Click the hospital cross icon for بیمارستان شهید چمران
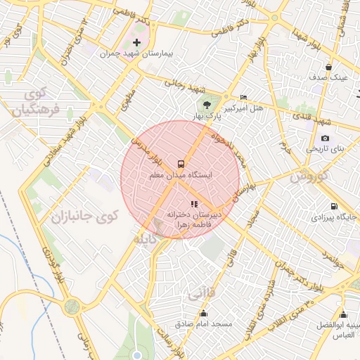point(136,43)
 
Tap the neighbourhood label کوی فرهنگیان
point(32,101)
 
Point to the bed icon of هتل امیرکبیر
point(243,97)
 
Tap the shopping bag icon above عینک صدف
point(328,67)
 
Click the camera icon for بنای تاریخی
point(324,138)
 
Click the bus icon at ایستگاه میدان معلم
point(180,163)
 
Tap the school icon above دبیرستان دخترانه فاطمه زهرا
point(195,204)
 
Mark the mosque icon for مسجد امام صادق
point(204,314)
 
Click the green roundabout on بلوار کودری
point(72,307)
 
